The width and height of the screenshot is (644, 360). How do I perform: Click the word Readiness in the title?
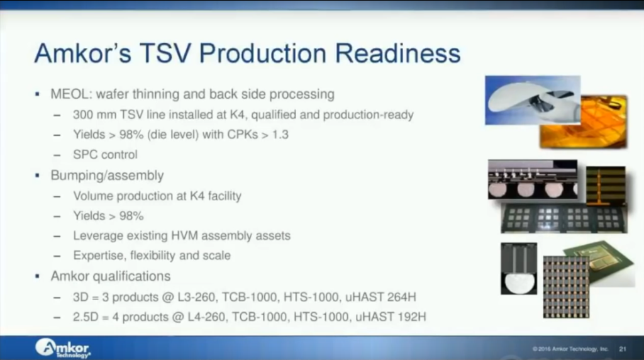coord(397,53)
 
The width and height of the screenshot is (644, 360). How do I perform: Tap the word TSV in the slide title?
coord(165,53)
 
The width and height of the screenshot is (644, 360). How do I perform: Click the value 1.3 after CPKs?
coord(280,135)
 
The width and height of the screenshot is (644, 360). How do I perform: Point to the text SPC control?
coord(105,155)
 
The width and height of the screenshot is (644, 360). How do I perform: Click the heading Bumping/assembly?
coord(107,176)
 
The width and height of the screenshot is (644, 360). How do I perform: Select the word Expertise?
coord(99,256)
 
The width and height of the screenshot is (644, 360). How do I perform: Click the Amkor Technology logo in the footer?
coord(63,348)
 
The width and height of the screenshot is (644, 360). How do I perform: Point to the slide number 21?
coord(623,349)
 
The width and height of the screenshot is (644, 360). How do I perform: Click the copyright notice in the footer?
coord(570,349)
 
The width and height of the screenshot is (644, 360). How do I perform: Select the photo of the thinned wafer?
coord(532,100)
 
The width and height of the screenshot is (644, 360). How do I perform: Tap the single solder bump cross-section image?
coord(519,268)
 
